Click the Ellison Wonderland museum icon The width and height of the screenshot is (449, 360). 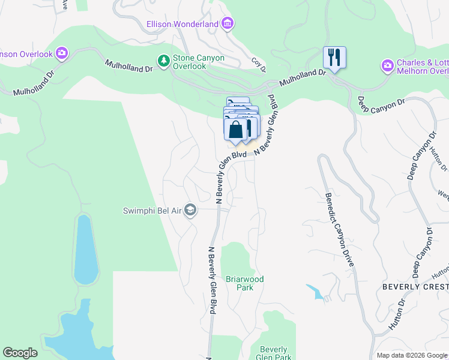click(x=228, y=24)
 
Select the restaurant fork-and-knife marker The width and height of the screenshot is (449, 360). click(x=334, y=58)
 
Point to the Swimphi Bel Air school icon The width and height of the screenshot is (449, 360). click(x=190, y=210)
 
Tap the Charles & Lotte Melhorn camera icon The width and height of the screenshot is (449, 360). click(x=388, y=65)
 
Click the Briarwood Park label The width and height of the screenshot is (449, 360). click(x=244, y=283)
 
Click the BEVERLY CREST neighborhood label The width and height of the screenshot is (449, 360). click(x=415, y=287)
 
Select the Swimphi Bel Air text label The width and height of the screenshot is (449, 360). click(x=152, y=210)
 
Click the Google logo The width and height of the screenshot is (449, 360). click(x=20, y=353)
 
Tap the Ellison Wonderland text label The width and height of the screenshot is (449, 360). click(x=182, y=24)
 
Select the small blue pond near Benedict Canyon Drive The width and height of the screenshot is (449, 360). click(x=315, y=292)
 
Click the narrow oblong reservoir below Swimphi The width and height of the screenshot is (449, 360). click(x=86, y=249)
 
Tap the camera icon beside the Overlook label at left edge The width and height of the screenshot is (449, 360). click(x=62, y=54)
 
